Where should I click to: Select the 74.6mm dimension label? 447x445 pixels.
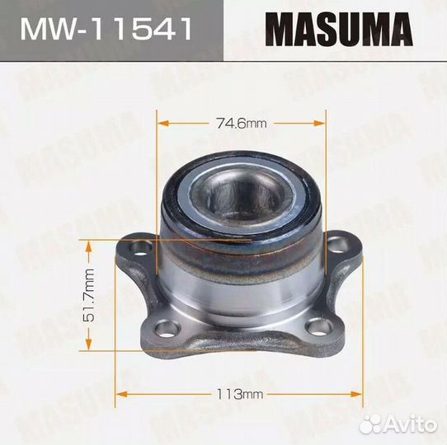tap(241, 124)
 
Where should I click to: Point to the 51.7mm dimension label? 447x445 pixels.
tap(90, 295)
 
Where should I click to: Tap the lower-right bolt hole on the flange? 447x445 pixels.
tap(316, 330)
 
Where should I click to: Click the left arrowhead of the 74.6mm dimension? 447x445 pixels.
tap(162, 124)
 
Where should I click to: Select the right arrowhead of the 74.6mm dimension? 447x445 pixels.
tap(321, 124)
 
